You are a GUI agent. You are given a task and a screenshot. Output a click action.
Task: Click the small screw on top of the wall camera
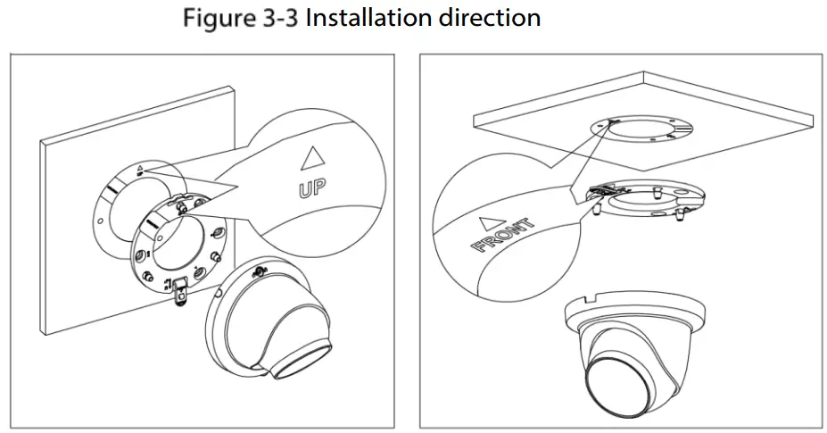click(x=261, y=269)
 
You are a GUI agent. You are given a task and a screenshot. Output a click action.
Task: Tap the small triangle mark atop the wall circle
click(x=140, y=167)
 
